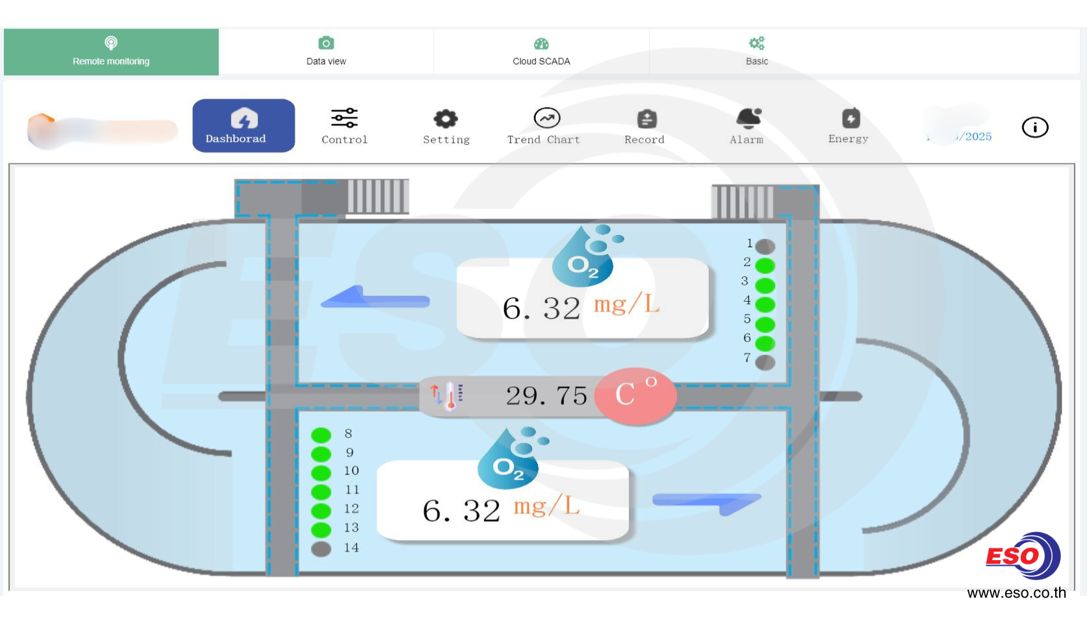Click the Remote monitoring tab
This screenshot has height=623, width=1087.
point(111,52)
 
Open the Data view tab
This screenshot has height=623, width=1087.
point(326,52)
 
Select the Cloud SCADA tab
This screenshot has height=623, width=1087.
point(541,52)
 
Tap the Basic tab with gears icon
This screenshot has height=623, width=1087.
point(757,52)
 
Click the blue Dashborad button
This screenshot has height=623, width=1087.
point(243,126)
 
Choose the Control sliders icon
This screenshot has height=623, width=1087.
point(345,119)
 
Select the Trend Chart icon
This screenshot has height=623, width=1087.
point(546,119)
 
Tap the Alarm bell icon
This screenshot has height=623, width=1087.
point(748,119)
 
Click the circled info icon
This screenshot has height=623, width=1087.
point(1034,127)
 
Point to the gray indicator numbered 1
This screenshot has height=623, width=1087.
point(765,247)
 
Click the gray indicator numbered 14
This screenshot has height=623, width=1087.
point(321,549)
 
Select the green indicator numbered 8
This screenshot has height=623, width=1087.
point(321,435)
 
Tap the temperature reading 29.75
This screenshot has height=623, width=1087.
point(546,396)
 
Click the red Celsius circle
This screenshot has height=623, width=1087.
point(635,396)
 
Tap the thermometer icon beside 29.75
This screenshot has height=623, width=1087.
point(448,396)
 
